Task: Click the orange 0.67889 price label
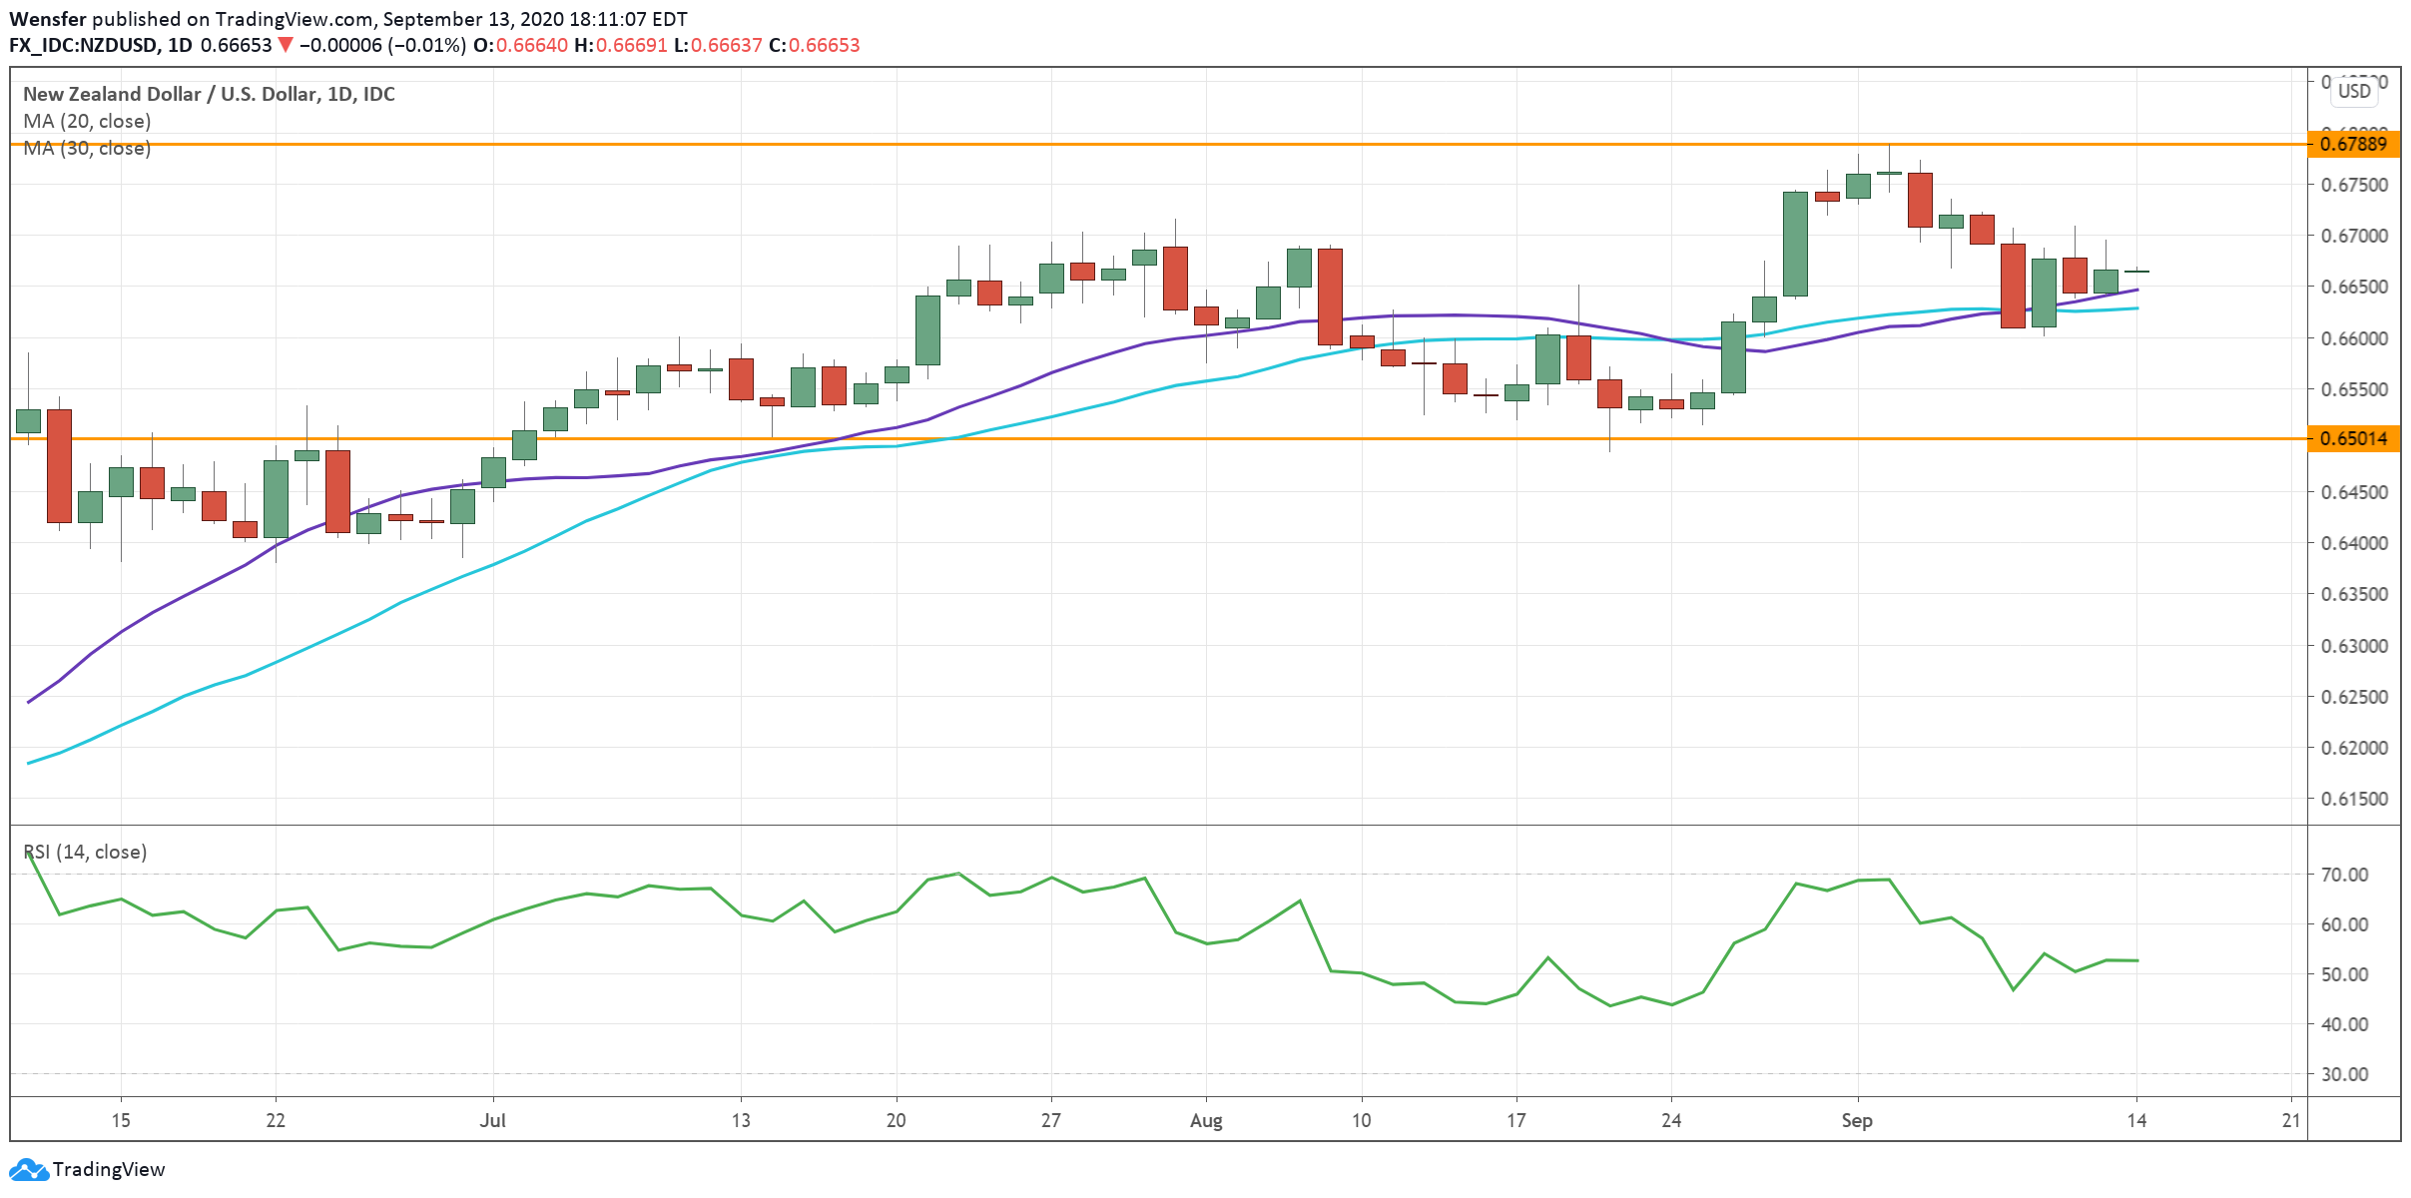[x=2353, y=144]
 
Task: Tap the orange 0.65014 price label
[x=2353, y=438]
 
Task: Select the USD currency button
[x=2354, y=91]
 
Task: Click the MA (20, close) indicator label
[x=87, y=121]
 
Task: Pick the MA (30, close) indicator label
[x=87, y=148]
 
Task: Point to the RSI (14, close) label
[x=85, y=852]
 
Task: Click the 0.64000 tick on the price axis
[x=2354, y=543]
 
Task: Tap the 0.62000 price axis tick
[x=2354, y=748]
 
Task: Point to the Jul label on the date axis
[x=492, y=1120]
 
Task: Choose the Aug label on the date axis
[x=1206, y=1120]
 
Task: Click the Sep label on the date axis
[x=1857, y=1120]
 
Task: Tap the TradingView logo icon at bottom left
[x=28, y=1169]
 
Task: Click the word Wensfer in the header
[x=47, y=19]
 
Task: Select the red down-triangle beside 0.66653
[x=286, y=45]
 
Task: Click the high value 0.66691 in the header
[x=631, y=45]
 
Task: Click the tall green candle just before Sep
[x=1795, y=244]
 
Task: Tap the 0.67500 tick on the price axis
[x=2354, y=185]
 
